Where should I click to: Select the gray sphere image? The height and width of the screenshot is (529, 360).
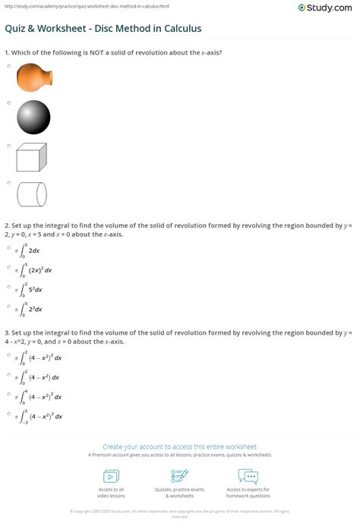pos(33,117)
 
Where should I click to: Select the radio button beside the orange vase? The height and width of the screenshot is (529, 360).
pos(8,66)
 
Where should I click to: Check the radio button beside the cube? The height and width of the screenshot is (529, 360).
pos(8,144)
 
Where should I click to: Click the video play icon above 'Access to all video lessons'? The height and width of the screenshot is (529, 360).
pos(110,476)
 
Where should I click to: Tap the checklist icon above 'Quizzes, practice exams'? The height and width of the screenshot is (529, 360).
pos(180,476)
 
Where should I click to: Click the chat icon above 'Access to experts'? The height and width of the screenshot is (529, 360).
pos(248,476)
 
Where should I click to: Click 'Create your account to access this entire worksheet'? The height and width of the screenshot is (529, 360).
pos(180,446)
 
